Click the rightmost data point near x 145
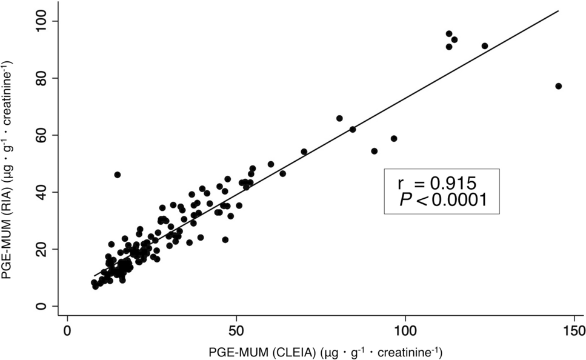[x=558, y=86]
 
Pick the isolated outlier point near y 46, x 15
[x=118, y=175]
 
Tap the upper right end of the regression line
[x=558, y=10]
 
